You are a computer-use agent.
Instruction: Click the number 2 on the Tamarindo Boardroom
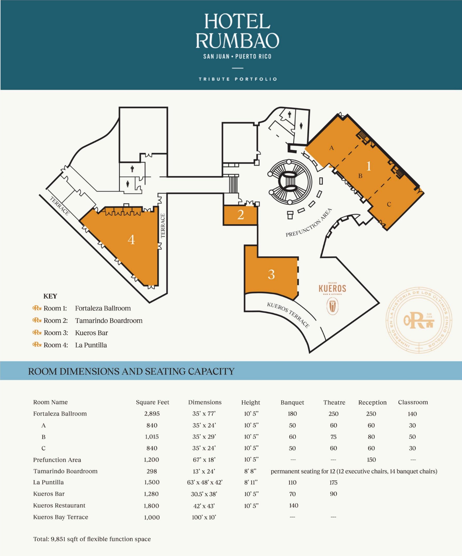click(x=241, y=215)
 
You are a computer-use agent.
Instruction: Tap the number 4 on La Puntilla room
click(x=131, y=240)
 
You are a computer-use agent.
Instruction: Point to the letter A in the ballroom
click(x=331, y=148)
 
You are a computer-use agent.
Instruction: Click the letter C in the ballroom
click(x=389, y=204)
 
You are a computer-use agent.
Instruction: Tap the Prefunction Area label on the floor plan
click(x=309, y=223)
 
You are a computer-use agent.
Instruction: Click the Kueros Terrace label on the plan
click(x=288, y=315)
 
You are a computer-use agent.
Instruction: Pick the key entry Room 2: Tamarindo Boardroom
click(x=87, y=321)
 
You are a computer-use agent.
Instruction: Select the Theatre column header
click(x=334, y=402)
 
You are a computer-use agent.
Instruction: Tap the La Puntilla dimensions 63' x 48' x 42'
click(x=205, y=482)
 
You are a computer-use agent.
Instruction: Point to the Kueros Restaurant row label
click(x=59, y=506)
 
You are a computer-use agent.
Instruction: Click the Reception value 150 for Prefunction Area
click(x=371, y=460)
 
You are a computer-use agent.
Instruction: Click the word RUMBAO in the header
click(x=237, y=41)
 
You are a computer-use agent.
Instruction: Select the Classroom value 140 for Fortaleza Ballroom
click(x=412, y=414)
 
